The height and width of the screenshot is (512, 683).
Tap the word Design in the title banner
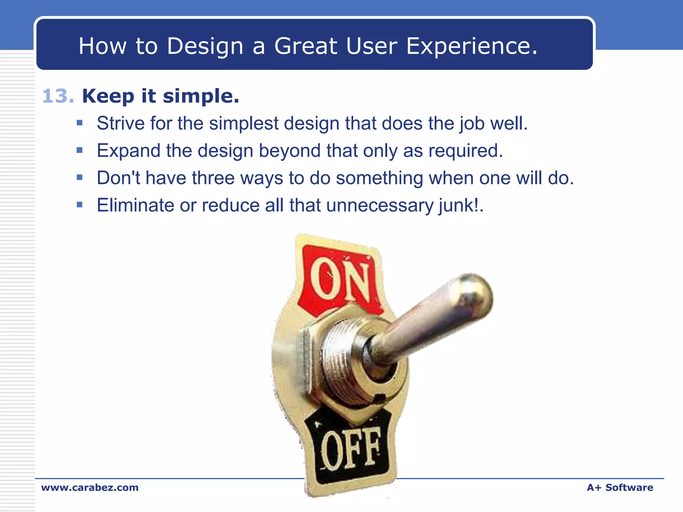pos(205,46)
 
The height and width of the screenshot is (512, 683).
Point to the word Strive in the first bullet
pos(120,123)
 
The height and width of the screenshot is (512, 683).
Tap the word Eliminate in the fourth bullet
pos(135,205)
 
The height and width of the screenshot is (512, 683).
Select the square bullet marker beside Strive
pos(79,123)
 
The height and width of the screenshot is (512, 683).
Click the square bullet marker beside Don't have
pos(79,177)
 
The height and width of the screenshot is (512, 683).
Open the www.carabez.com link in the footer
pos(90,487)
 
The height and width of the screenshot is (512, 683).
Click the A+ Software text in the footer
pos(620,487)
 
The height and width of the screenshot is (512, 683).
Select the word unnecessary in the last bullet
pos(380,205)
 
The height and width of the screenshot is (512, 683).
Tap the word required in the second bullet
pos(465,151)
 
